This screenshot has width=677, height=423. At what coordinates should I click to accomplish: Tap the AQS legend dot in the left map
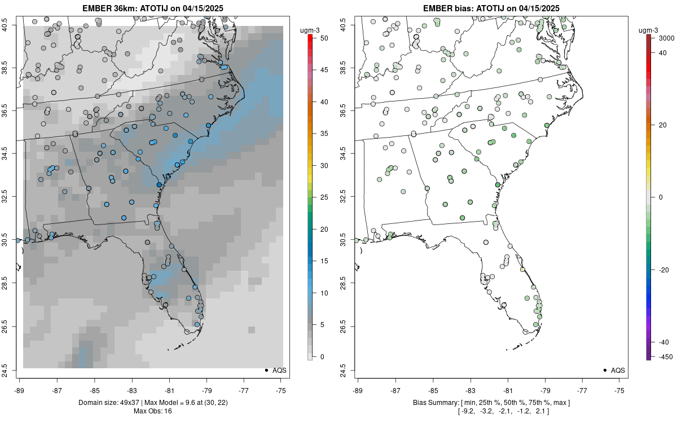point(266,370)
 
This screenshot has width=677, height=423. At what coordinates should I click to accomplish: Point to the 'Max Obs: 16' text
point(152,411)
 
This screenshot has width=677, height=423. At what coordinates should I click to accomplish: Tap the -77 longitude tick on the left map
point(244,390)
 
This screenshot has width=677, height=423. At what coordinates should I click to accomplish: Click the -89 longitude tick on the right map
point(358,390)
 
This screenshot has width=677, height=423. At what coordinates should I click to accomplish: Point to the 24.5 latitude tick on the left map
point(12,370)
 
